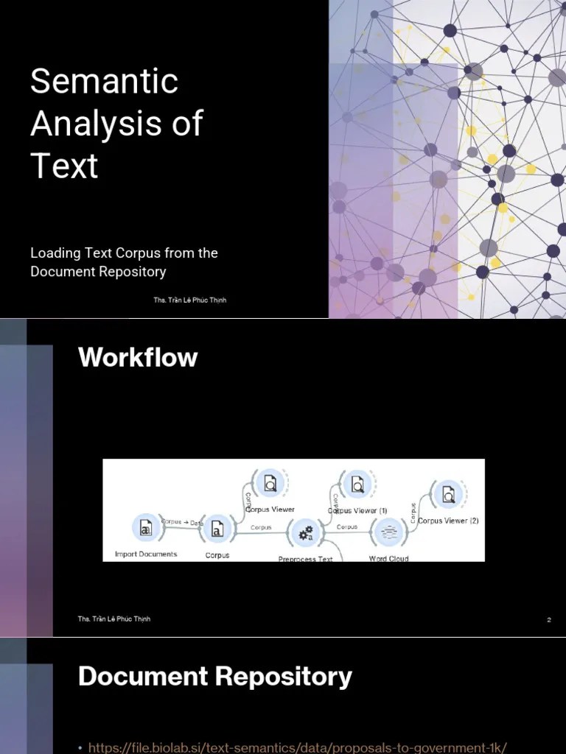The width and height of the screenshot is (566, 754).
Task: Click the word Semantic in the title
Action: [x=104, y=81]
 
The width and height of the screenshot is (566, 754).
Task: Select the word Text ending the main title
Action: [x=64, y=166]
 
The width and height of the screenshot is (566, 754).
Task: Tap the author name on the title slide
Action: [x=190, y=300]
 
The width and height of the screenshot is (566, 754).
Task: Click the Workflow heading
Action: [x=138, y=357]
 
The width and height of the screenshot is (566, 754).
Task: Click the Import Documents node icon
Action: [x=145, y=528]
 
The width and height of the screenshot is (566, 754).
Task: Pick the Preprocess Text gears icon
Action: [x=305, y=532]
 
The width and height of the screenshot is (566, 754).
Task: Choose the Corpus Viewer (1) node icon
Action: [x=357, y=484]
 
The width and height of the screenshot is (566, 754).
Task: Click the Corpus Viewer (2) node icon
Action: [x=448, y=496]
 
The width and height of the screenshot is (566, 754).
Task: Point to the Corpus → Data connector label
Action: [x=182, y=522]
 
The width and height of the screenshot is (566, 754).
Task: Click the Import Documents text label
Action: [x=146, y=554]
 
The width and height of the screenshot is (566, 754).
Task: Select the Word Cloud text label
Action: [x=388, y=558]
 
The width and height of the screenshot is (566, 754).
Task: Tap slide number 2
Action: [x=549, y=620]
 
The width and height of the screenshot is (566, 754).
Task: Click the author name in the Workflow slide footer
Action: [x=114, y=619]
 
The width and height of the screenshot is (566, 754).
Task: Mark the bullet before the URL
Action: [x=80, y=748]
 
